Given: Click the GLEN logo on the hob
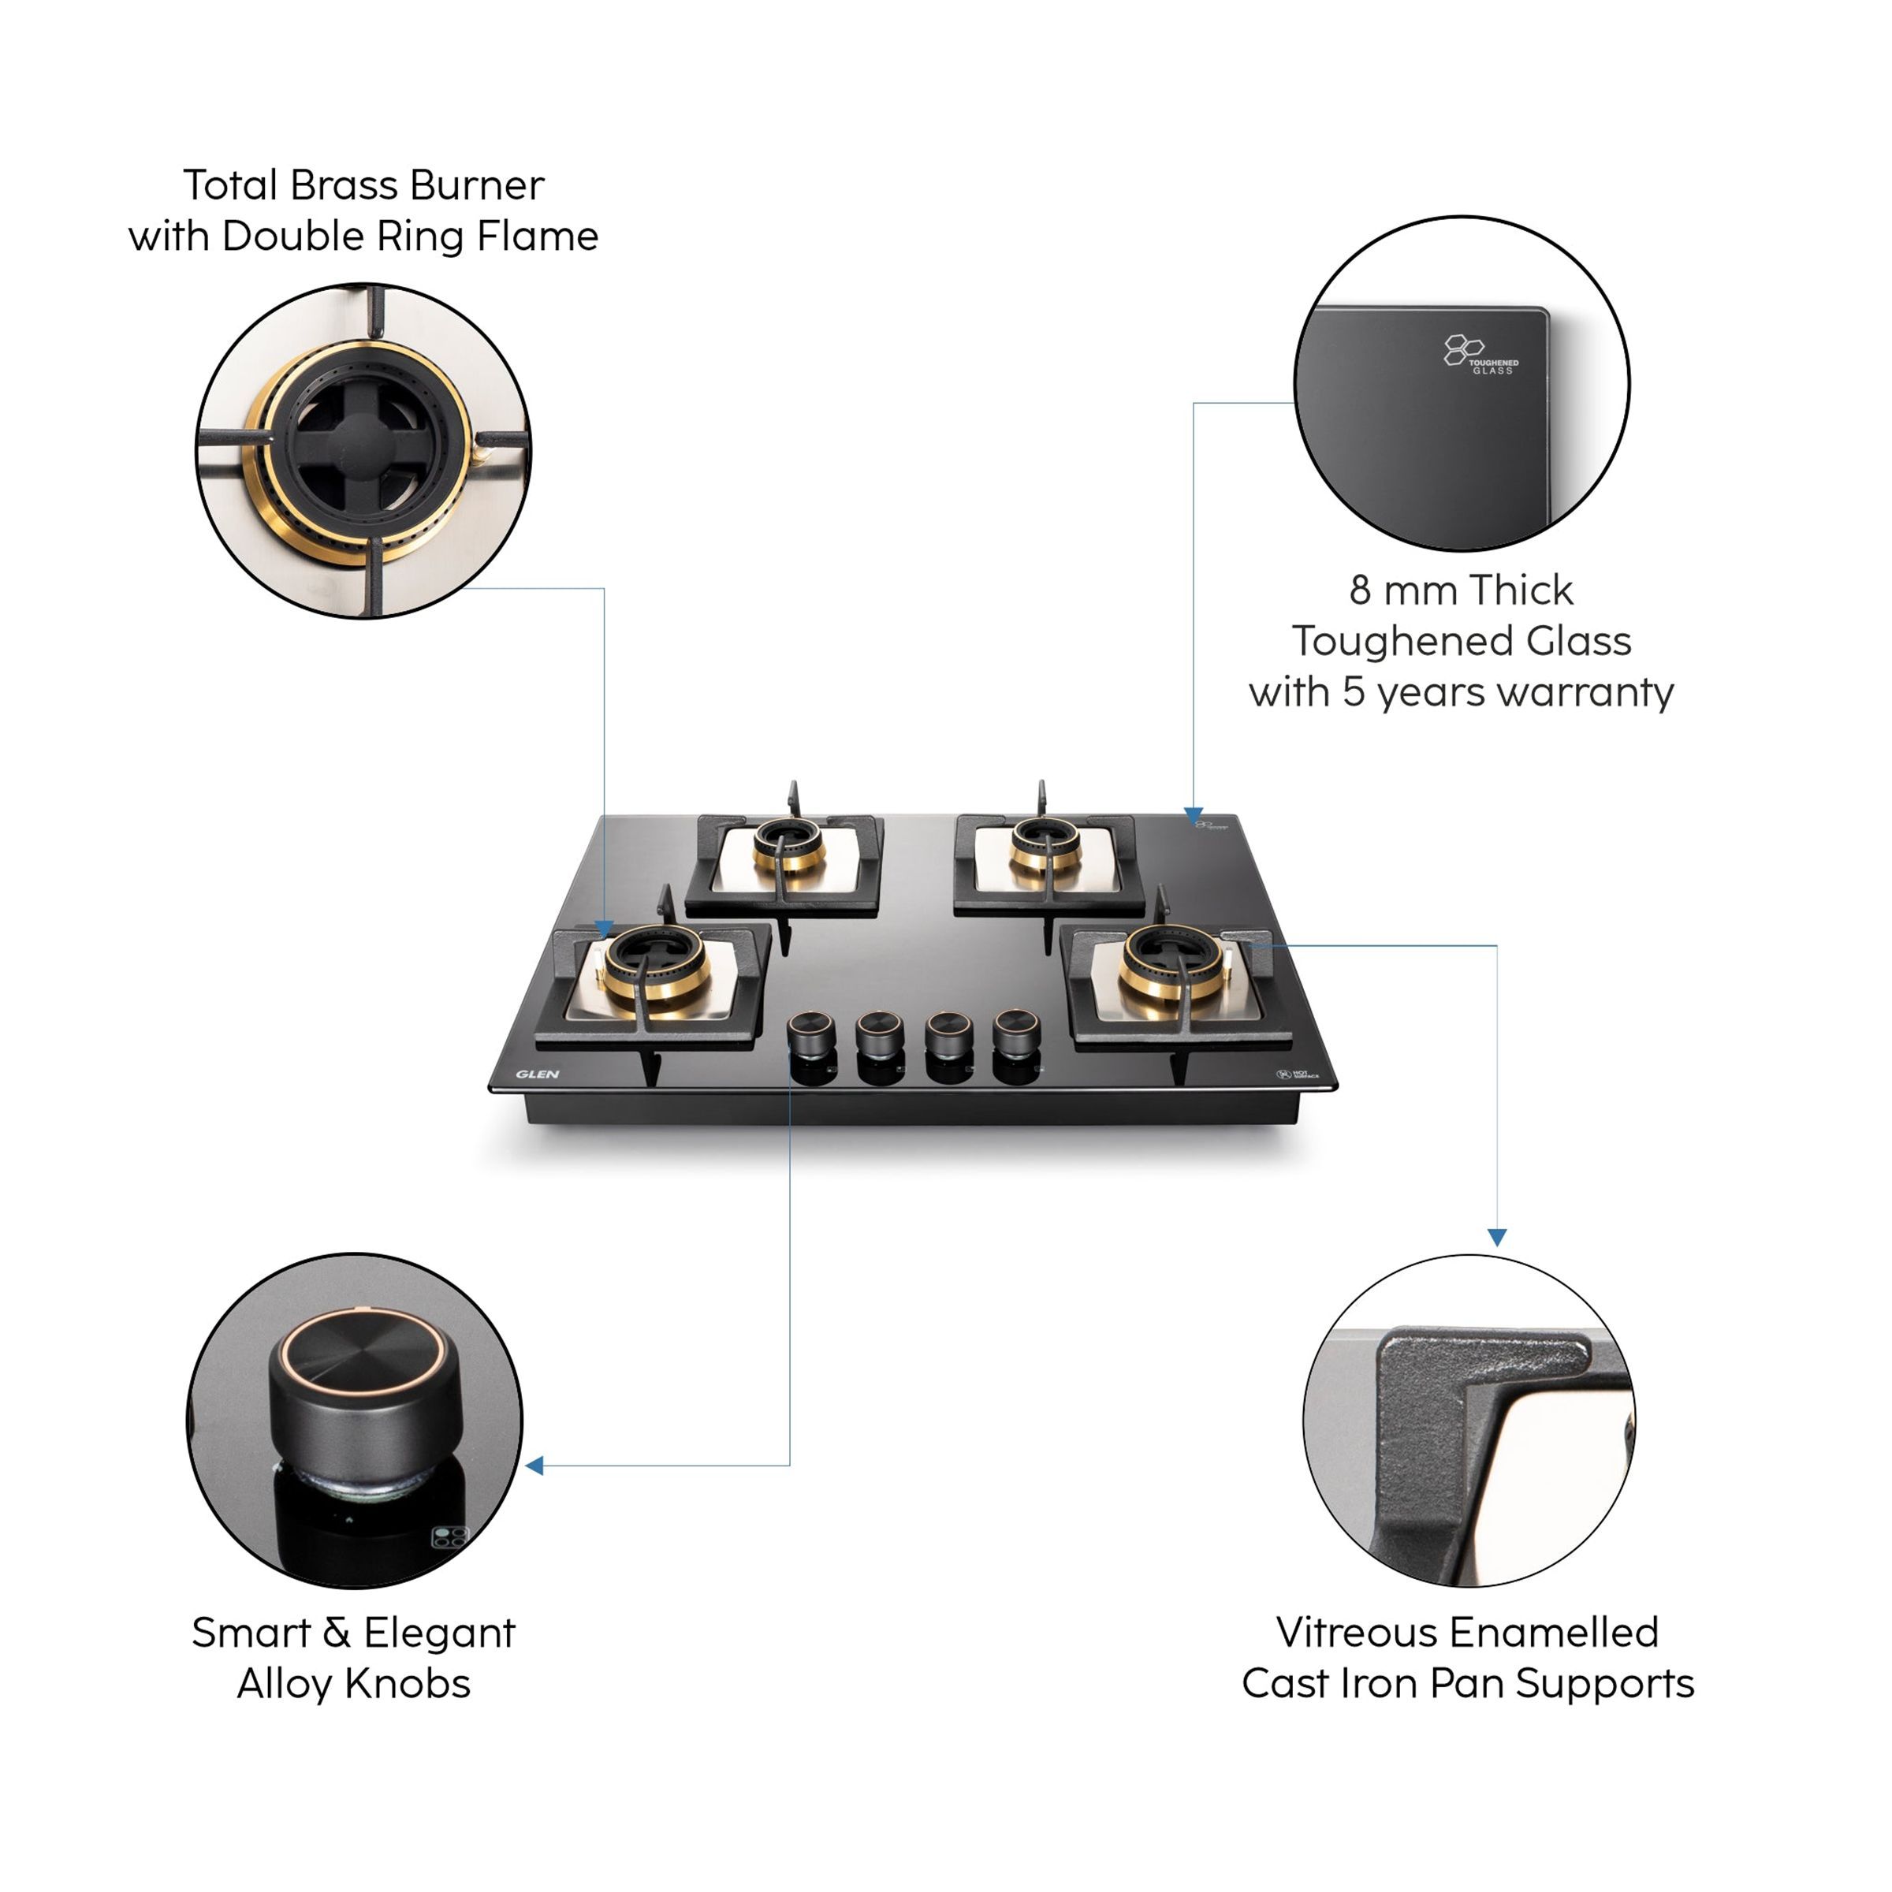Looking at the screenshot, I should pos(537,1074).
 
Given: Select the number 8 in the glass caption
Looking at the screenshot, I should pos(1359,590).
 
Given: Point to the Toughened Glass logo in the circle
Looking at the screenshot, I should pos(1479,355).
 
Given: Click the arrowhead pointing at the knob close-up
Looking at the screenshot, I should pos(534,1465).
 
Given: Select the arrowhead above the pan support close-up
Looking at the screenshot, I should pos(1496,1238).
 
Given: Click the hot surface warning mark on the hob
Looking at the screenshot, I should pos(1298,1074).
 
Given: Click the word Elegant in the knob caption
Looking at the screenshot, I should pos(439,1633).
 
